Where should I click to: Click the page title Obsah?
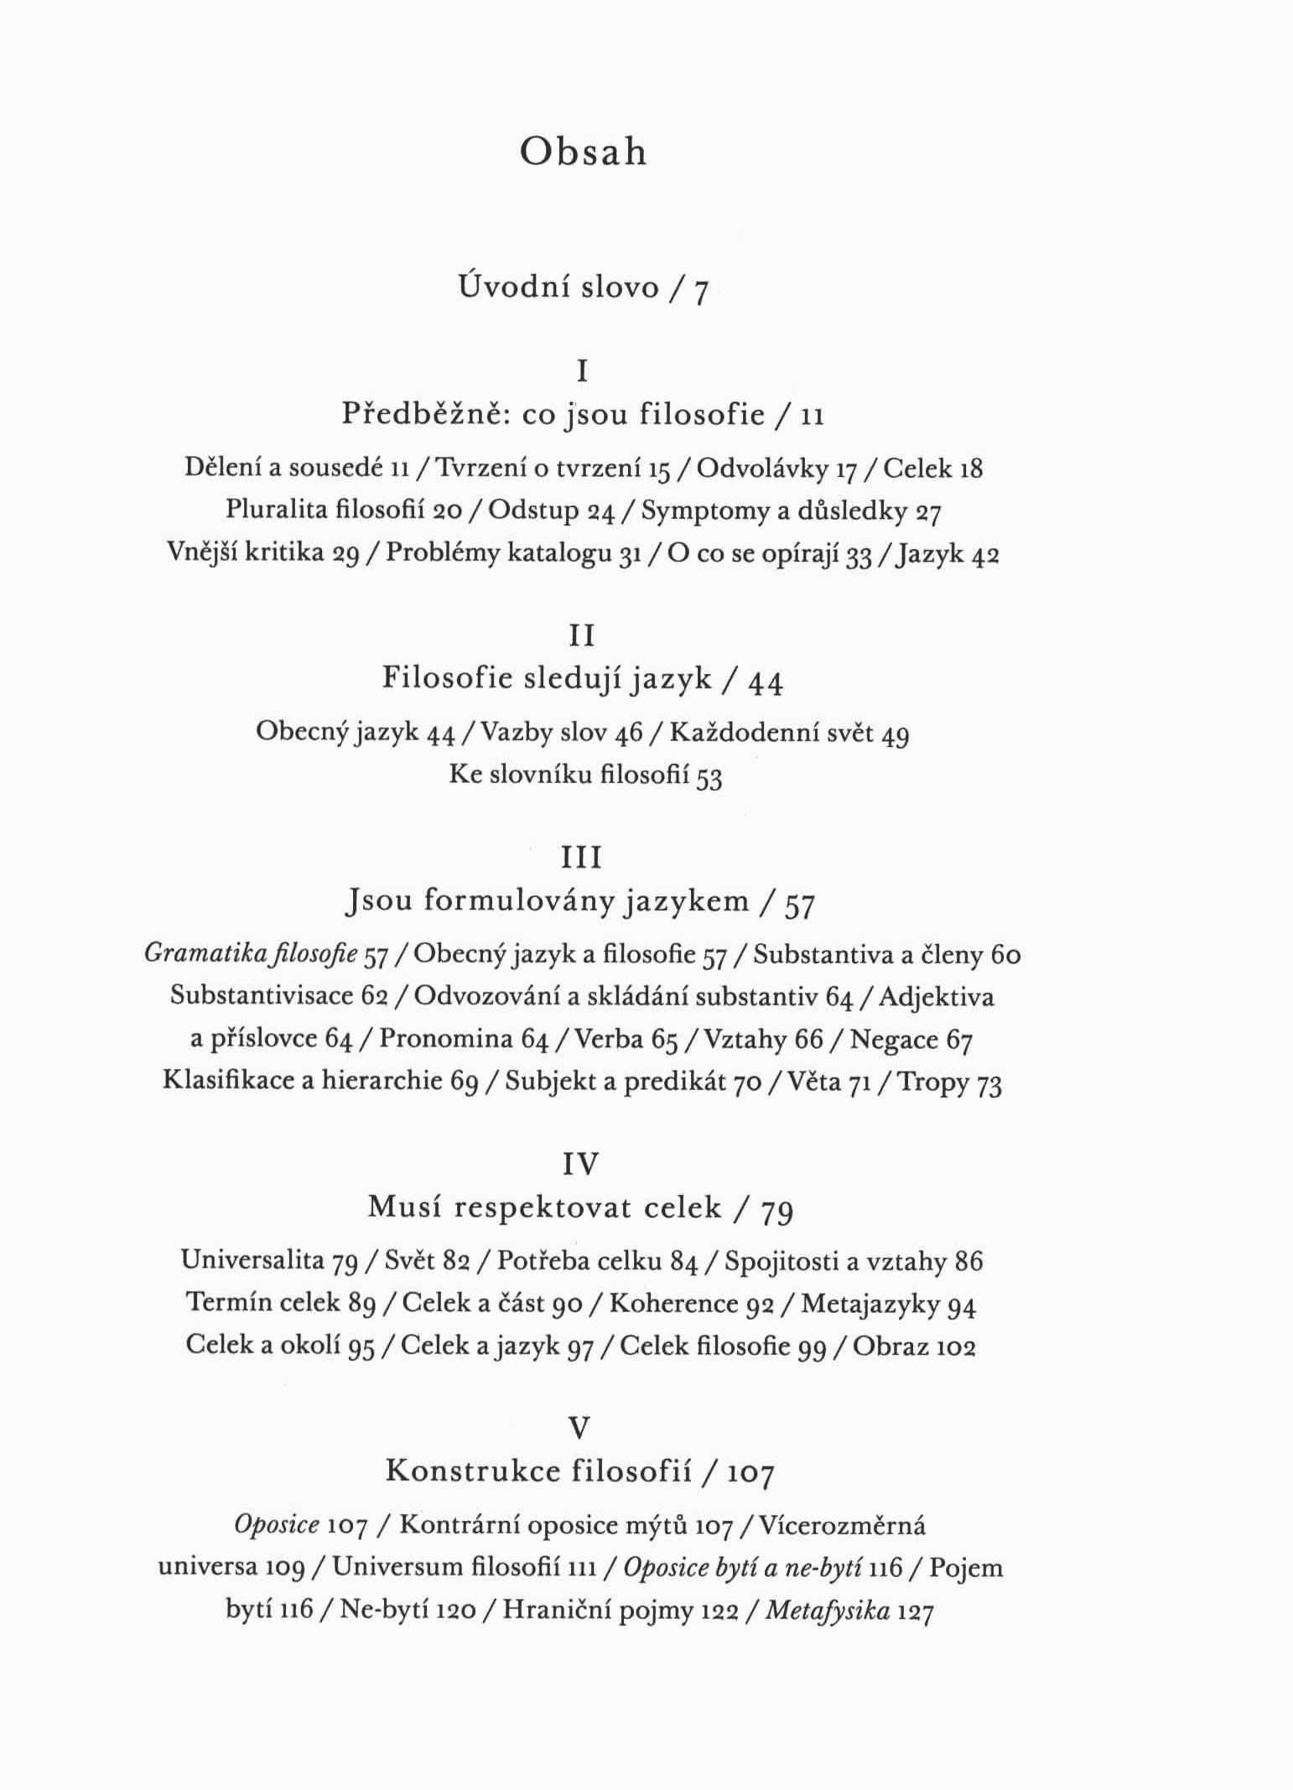pos(583,153)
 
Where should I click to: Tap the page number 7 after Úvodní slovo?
pos(701,291)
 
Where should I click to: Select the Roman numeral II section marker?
pos(582,636)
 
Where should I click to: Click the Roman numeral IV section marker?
pos(581,1164)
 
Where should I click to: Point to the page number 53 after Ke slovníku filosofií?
pos(709,777)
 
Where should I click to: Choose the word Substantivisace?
pos(262,995)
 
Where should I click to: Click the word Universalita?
pos(252,1259)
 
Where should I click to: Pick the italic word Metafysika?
pos(828,1610)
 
